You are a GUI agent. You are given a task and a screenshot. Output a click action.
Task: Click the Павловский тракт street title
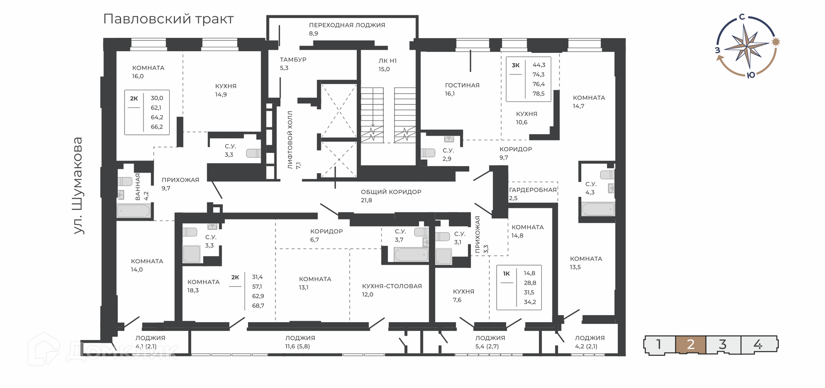point(168,19)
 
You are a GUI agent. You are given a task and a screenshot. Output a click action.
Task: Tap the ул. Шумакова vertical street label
point(78,186)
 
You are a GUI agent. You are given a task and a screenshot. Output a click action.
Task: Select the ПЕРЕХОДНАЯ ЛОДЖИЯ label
point(347,25)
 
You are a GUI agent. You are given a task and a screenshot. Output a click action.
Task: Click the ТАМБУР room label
point(293,60)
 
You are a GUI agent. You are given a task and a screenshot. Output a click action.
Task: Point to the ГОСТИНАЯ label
point(462,85)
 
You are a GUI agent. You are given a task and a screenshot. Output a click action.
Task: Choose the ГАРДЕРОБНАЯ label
point(533,190)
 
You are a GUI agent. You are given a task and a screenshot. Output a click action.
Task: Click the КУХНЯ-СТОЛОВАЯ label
point(392,286)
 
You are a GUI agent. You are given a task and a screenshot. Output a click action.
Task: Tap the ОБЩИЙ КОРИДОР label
point(391,192)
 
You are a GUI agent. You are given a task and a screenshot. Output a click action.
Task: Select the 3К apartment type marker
point(516,65)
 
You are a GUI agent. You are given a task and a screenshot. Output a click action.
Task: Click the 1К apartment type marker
point(506,274)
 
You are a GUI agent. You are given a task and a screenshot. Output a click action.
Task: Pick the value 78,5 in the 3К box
point(538,94)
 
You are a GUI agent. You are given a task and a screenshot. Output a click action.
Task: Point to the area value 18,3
point(193,290)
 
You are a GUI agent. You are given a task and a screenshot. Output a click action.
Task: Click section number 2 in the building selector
point(691,345)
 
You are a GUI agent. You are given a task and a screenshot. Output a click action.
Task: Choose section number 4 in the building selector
point(758,345)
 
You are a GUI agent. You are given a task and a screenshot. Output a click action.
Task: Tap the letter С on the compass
point(742,17)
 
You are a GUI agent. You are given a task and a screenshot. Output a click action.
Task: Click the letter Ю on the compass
point(751,76)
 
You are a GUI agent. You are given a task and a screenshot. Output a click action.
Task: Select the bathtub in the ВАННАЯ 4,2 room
point(134,211)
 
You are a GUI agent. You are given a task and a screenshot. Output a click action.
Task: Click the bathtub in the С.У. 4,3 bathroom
point(598,209)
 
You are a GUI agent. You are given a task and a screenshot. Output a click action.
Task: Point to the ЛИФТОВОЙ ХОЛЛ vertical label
point(290,140)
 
